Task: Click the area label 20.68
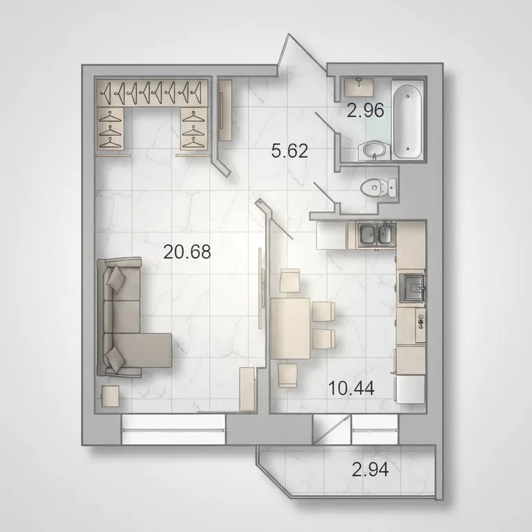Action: click(x=187, y=251)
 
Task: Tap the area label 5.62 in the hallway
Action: click(x=290, y=150)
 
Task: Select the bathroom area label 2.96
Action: click(x=366, y=110)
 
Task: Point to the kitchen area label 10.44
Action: click(x=351, y=388)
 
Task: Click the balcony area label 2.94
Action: click(x=370, y=470)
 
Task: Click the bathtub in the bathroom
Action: click(x=407, y=120)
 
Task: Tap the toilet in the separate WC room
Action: click(x=379, y=187)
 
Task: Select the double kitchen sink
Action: click(x=376, y=234)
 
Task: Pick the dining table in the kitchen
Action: click(x=290, y=328)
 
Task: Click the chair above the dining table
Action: click(x=290, y=281)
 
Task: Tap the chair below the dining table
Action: click(x=288, y=375)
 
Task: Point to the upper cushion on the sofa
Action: click(x=116, y=279)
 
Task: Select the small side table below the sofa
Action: click(x=111, y=396)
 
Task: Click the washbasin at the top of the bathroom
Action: click(x=359, y=87)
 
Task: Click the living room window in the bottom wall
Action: click(x=173, y=429)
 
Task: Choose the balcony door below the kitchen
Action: click(x=332, y=429)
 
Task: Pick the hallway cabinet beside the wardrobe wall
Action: click(x=224, y=109)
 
